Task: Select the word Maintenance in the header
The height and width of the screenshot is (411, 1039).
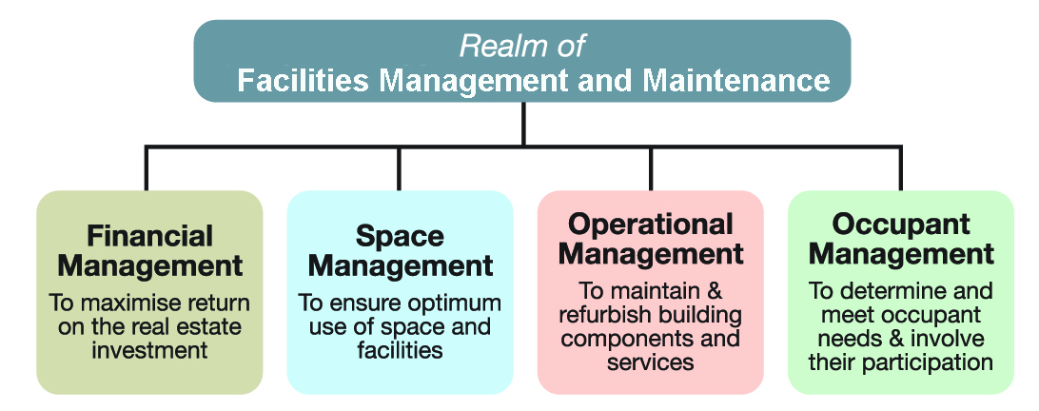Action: click(736, 81)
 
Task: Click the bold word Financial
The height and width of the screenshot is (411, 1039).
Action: click(149, 236)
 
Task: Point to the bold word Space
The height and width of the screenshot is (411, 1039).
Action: click(400, 236)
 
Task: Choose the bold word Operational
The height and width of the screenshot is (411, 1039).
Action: click(651, 225)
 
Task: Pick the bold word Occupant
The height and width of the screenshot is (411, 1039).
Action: click(901, 225)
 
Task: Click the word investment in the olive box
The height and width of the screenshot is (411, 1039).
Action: click(149, 349)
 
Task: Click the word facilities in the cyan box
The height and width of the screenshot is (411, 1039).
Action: click(400, 349)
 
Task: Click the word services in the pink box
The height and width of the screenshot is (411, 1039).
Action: click(650, 361)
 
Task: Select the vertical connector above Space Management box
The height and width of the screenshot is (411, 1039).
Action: click(399, 168)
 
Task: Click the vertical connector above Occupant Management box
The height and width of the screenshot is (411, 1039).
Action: click(900, 168)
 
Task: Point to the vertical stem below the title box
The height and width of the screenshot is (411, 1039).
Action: click(523, 124)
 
